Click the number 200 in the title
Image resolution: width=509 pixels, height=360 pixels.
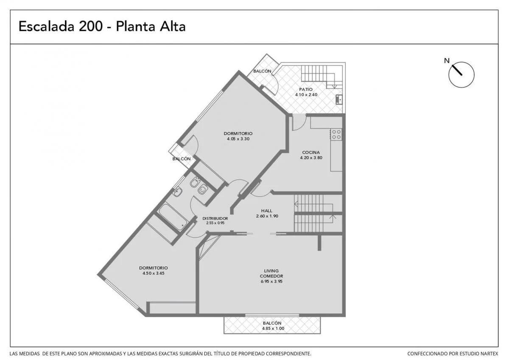point(91,26)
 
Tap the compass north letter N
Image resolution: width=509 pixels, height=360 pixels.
point(447,61)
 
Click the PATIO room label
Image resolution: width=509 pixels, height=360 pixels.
point(306,90)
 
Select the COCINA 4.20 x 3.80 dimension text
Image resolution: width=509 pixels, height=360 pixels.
point(311,157)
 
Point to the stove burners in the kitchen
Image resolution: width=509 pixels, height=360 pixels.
point(336,135)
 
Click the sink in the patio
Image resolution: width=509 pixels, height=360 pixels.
point(339,99)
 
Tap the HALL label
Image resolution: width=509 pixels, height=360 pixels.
point(266,211)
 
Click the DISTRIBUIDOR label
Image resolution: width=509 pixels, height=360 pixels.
point(215,219)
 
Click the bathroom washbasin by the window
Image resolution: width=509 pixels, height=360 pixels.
point(176,192)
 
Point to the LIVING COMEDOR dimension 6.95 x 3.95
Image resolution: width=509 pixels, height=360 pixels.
point(271,281)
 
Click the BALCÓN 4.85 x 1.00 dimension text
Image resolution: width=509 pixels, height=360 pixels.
point(273,329)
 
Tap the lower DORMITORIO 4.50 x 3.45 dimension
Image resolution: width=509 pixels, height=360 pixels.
point(154,273)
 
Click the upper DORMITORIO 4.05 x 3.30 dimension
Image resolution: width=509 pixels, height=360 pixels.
point(238,139)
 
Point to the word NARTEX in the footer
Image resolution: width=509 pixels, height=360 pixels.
point(489,354)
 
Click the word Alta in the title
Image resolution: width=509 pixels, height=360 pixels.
point(173,26)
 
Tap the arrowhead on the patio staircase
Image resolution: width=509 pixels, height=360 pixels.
point(334,87)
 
